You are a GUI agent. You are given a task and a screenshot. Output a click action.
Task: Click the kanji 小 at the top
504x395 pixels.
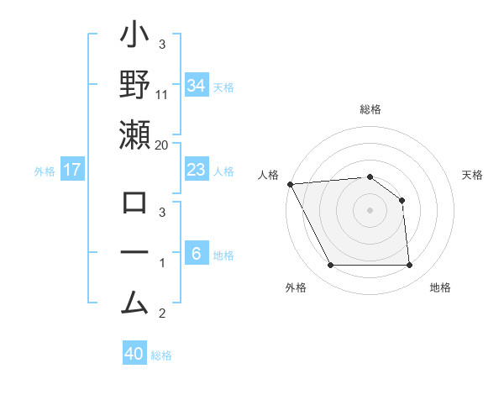tap(134, 38)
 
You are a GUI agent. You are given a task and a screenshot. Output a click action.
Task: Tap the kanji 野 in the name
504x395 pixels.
tap(134, 85)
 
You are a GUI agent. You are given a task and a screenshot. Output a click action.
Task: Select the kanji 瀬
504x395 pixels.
tap(134, 134)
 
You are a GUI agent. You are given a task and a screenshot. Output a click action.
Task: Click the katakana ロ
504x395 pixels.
tap(134, 204)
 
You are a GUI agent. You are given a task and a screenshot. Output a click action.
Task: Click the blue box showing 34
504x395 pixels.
tap(196, 86)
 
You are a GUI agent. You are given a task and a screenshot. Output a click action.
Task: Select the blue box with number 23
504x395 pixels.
tap(196, 170)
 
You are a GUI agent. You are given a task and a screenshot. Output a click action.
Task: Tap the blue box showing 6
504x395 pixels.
tap(196, 254)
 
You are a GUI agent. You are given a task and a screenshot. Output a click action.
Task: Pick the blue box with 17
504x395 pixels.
tap(72, 170)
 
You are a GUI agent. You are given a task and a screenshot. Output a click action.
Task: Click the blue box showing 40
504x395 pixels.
tap(134, 354)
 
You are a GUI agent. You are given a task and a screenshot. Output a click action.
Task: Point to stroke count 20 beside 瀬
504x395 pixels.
tap(162, 145)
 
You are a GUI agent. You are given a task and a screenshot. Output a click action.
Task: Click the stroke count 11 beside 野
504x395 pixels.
tap(162, 94)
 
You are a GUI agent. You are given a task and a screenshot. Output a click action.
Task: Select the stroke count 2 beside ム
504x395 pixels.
tap(162, 313)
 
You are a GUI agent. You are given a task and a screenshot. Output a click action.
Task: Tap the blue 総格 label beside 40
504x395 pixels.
tap(162, 355)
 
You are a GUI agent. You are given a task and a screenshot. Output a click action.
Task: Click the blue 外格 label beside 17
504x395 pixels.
tap(45, 171)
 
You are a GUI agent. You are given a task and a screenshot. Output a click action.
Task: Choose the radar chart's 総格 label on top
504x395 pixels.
tap(370, 109)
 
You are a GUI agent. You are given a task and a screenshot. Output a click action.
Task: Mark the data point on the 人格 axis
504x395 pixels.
tap(290, 184)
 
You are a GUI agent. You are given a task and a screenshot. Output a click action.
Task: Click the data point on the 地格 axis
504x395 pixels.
tap(409, 266)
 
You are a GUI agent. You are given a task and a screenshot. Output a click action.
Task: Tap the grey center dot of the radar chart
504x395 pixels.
tap(370, 209)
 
